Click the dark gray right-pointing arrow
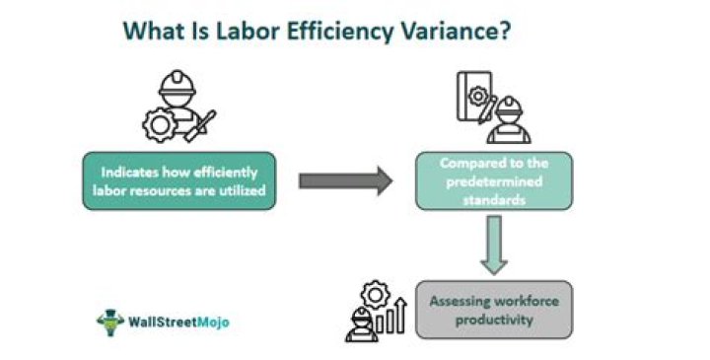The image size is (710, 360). click(x=345, y=180)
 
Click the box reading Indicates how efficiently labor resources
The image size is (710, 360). click(x=178, y=180)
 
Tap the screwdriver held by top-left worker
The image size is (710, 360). click(x=203, y=126)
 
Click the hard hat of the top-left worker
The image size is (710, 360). click(x=177, y=81)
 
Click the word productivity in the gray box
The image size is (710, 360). click(x=493, y=321)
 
